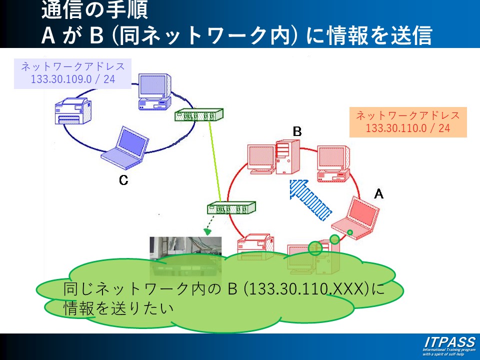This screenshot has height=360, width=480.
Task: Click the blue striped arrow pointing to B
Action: coord(310,200)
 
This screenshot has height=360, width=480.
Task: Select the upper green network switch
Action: coord(199,115)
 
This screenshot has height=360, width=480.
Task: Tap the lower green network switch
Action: coord(231,207)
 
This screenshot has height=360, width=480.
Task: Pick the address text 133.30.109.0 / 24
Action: coord(72,79)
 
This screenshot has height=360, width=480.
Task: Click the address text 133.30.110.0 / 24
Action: coord(408,128)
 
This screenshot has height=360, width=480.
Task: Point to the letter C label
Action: coord(123,180)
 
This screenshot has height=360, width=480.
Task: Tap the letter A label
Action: coord(378,193)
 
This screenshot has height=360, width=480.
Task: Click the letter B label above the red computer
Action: coord(297,131)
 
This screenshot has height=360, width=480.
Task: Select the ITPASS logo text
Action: coord(449,342)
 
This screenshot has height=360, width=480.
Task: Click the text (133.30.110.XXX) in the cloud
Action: coord(307,288)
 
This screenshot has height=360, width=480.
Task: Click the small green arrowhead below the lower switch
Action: coord(207,231)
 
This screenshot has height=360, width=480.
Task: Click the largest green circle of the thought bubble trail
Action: coord(315,248)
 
